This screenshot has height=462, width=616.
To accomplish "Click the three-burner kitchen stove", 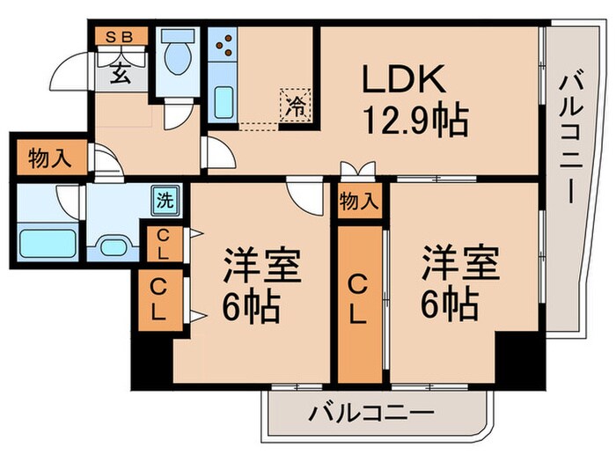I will point(224,44).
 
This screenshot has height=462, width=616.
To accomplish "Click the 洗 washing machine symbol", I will point(164,198).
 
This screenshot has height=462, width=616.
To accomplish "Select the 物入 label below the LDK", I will point(359,200).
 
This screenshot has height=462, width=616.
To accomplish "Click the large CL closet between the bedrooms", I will point(359,299).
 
